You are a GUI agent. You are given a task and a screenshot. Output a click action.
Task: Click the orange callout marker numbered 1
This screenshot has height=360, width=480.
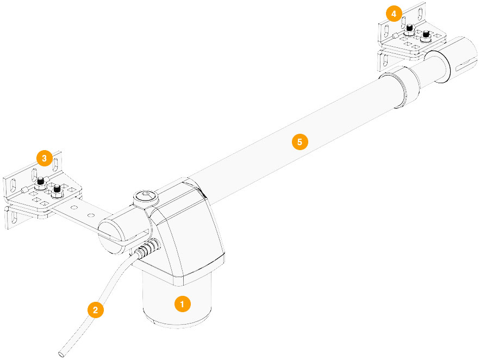182,304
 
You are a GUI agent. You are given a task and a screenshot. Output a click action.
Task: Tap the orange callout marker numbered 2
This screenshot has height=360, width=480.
95,310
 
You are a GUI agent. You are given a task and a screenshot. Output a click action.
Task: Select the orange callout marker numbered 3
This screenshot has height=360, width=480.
45,158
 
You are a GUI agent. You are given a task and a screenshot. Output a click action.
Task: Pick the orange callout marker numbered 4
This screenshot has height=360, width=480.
394,14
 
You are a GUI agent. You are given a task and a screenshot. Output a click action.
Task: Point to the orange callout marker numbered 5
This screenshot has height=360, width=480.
300,142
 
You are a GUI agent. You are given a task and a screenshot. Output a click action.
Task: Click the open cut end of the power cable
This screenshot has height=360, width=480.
61,353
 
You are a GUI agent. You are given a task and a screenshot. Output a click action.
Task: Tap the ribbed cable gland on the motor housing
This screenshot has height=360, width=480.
147,249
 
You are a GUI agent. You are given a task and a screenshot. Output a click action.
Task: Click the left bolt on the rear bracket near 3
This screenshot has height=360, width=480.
40,184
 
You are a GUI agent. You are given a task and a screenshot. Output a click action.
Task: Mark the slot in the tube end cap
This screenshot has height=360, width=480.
465,64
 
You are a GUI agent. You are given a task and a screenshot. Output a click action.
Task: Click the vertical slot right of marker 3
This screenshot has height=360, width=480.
55,164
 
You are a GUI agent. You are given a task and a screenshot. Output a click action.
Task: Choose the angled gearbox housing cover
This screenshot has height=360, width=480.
187,233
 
